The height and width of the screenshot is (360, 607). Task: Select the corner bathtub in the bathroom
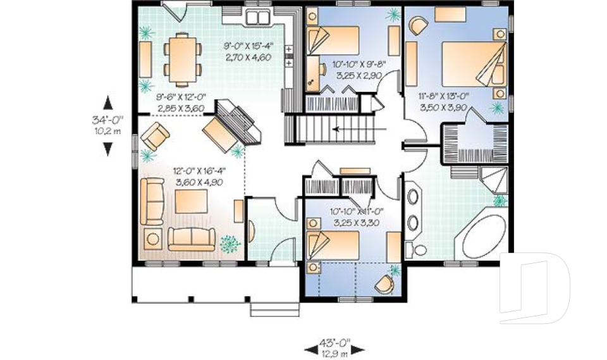[484, 237]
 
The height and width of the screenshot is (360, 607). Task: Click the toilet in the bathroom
[416, 249]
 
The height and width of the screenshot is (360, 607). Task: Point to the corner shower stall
[494, 180]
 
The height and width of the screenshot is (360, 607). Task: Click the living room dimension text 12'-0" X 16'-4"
[199, 171]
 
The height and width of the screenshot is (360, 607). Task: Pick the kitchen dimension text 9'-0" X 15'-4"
[248, 46]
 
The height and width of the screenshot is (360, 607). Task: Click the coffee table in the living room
[191, 201]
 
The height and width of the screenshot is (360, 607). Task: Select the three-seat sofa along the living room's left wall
[152, 201]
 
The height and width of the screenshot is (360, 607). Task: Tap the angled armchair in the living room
[155, 136]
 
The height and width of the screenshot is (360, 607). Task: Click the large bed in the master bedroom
[474, 64]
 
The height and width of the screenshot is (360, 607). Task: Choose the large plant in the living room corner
[230, 244]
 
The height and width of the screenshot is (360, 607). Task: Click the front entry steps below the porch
[274, 309]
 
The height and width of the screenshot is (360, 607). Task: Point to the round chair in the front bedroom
[384, 284]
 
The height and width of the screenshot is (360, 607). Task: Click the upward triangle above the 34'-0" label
[108, 103]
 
